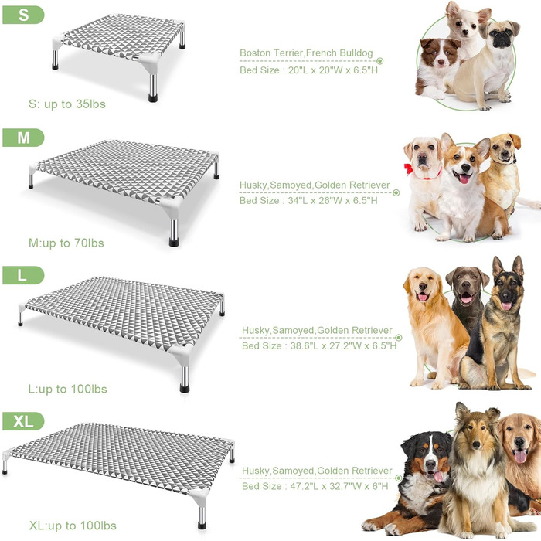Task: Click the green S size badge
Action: click(23, 15)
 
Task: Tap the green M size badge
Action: click(23, 138)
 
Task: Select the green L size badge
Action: click(23, 275)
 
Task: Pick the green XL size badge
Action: click(23, 421)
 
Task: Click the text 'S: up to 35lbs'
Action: click(67, 104)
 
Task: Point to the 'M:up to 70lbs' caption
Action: click(66, 243)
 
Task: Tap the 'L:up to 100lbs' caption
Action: click(68, 390)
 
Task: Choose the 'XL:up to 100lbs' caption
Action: click(73, 526)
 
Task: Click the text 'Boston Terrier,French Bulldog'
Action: click(306, 53)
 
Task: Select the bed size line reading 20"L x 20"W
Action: click(308, 70)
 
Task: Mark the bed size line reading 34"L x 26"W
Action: click(308, 200)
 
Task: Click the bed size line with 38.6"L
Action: click(319, 345)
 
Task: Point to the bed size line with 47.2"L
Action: click(315, 486)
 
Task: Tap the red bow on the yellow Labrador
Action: click(409, 169)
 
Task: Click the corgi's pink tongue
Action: click(464, 179)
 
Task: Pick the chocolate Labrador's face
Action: click(467, 285)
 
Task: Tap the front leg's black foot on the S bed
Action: click(153, 98)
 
